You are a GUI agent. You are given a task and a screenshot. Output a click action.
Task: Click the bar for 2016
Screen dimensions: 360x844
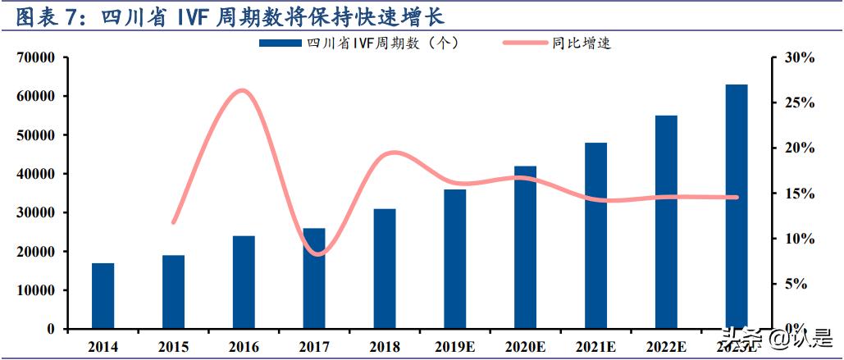pyautogui.click(x=244, y=282)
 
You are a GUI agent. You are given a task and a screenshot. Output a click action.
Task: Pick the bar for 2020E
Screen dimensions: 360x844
pyautogui.click(x=526, y=247)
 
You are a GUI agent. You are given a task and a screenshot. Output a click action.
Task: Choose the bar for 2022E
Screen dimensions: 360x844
pyautogui.click(x=666, y=221)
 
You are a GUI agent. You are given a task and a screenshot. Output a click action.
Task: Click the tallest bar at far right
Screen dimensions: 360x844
pyautogui.click(x=737, y=206)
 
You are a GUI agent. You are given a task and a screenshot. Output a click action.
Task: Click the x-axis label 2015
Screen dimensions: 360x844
pyautogui.click(x=173, y=347)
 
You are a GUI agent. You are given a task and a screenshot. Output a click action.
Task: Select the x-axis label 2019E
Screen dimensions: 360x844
pyautogui.click(x=455, y=347)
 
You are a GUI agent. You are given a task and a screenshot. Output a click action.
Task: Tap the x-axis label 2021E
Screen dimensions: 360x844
pyautogui.click(x=596, y=347)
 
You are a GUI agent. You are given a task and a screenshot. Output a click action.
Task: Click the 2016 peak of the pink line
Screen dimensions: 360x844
pyautogui.click(x=242, y=90)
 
